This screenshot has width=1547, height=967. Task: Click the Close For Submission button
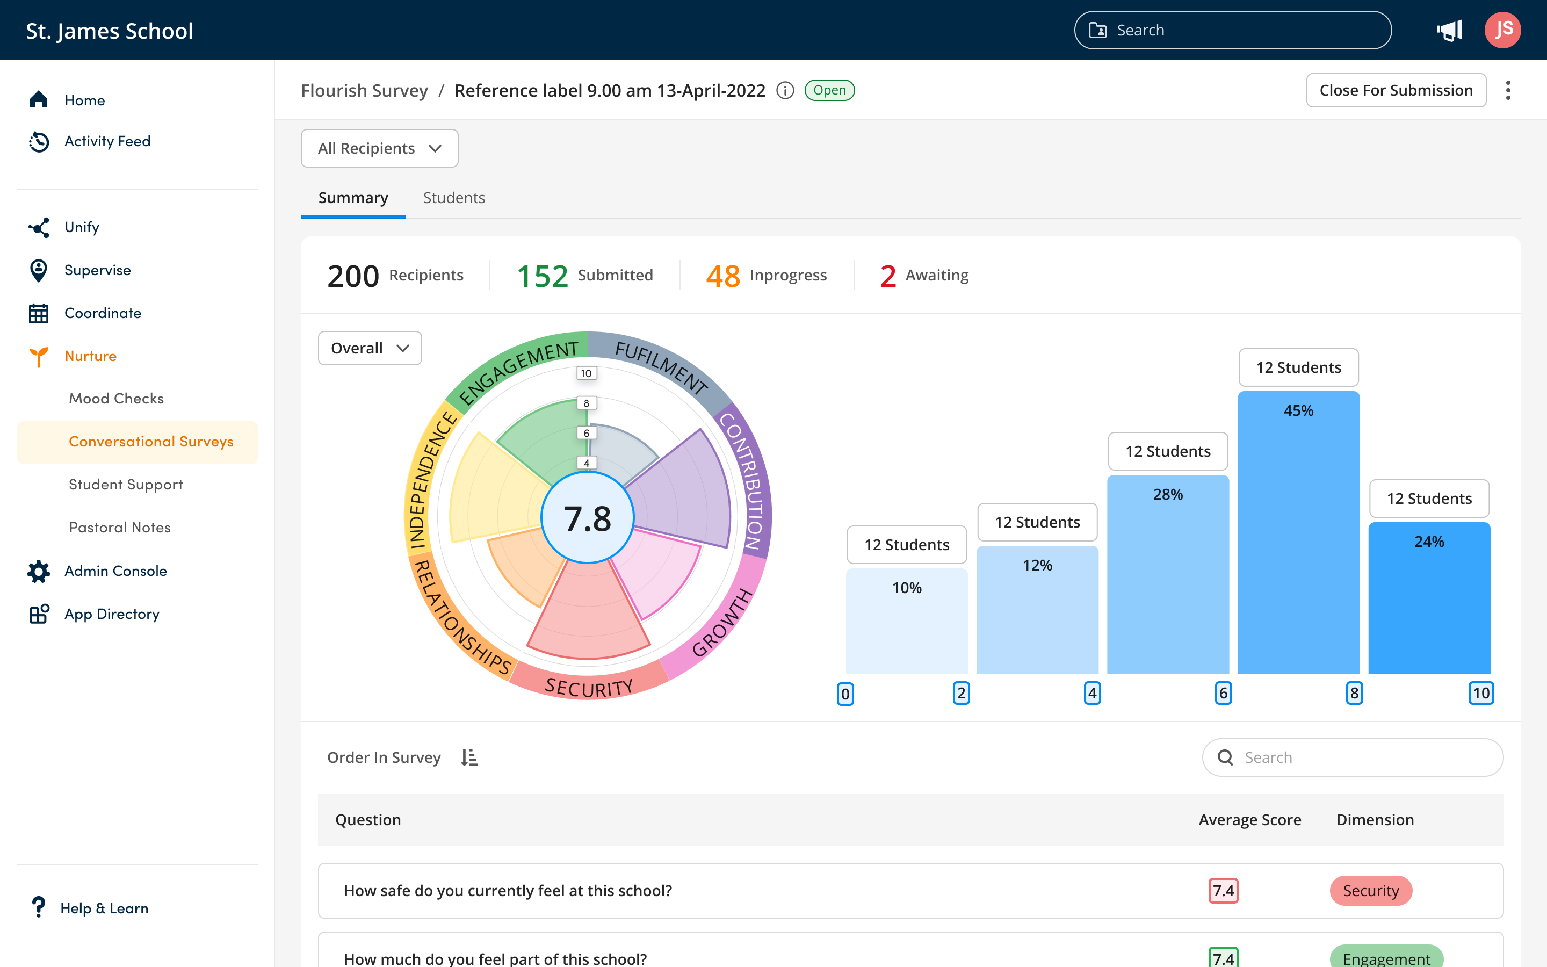click(x=1396, y=90)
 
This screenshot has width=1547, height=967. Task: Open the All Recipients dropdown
click(x=379, y=148)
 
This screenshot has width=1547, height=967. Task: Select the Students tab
click(x=453, y=198)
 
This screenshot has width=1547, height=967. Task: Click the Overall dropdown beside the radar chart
click(x=370, y=348)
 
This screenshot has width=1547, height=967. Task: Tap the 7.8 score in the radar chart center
click(x=587, y=518)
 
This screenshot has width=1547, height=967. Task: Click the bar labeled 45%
click(x=1298, y=531)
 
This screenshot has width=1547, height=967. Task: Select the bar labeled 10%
click(x=907, y=620)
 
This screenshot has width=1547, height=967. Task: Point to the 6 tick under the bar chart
click(x=1223, y=693)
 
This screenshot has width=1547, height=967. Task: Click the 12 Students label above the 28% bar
click(x=1167, y=451)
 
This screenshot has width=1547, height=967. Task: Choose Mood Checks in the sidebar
click(x=117, y=399)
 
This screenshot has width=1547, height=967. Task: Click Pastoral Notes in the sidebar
click(x=120, y=528)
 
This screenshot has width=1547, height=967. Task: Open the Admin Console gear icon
click(x=38, y=571)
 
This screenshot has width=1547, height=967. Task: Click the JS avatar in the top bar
click(x=1502, y=30)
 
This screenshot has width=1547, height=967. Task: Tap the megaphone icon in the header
click(x=1450, y=30)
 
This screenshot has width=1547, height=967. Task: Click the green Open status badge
click(x=829, y=90)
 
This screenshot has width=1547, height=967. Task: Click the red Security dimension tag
click(x=1371, y=891)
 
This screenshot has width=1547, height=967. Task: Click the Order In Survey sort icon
click(x=469, y=757)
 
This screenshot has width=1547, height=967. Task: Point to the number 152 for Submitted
click(x=542, y=276)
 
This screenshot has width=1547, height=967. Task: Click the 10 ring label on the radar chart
click(x=586, y=373)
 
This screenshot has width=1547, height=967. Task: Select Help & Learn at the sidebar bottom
click(x=104, y=908)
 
